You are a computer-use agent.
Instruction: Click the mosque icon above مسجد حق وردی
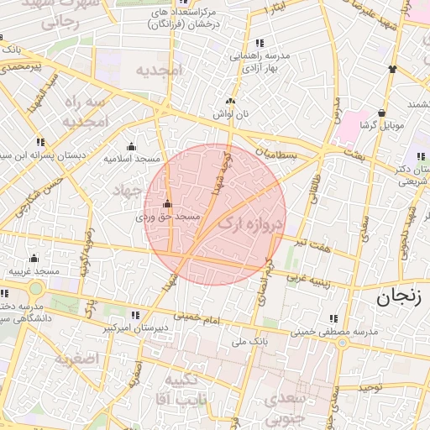coord(168,203)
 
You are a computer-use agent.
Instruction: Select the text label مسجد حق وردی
coord(169,216)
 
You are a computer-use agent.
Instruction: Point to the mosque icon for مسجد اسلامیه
coord(130,146)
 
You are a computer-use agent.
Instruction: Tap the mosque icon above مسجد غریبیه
coord(34,258)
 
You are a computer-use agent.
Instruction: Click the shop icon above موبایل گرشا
coord(382,113)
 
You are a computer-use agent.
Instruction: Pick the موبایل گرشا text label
coord(382,125)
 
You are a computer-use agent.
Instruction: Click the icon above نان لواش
coord(230,101)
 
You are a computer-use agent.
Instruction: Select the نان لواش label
coord(231,113)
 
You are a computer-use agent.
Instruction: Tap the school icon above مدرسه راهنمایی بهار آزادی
coord(259,43)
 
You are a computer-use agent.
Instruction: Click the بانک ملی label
coord(249,342)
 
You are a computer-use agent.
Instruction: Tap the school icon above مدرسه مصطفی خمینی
coord(334,319)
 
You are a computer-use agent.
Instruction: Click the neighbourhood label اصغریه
coord(76,359)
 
